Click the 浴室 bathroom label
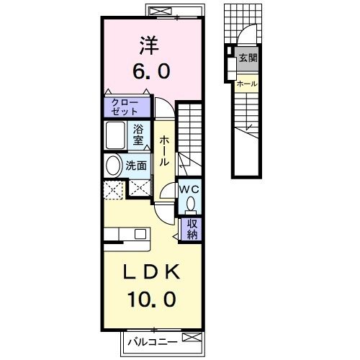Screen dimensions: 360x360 138,135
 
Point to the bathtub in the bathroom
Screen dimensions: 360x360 114,135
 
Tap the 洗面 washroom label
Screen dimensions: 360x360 137,165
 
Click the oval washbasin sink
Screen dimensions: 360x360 113,165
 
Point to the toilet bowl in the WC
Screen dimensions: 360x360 189,204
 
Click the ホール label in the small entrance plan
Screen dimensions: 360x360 247,84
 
